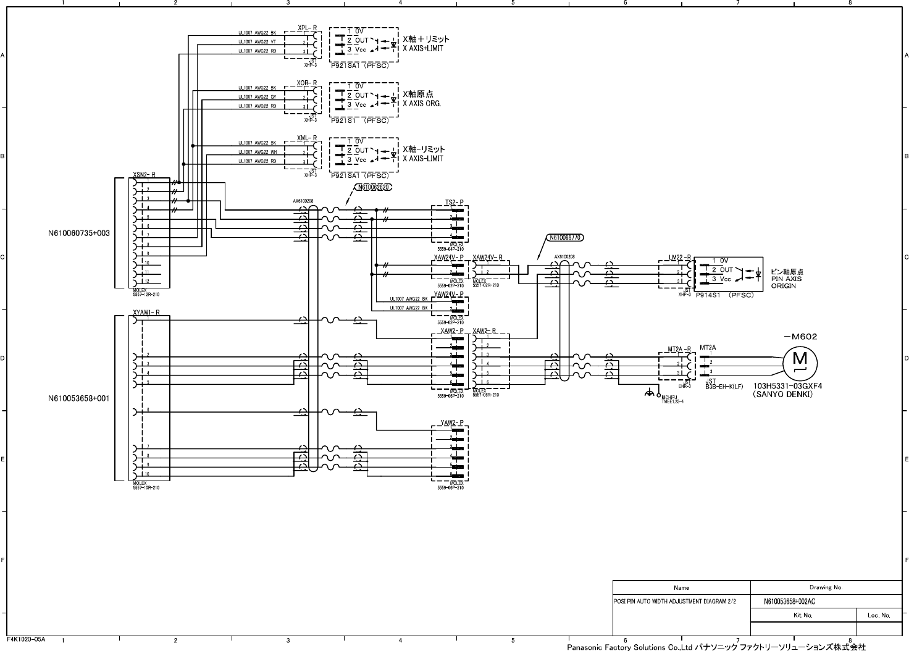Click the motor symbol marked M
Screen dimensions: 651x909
point(800,359)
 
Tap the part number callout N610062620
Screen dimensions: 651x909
point(374,188)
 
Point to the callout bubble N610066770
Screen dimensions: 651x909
point(566,237)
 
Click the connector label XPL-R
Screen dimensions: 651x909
point(307,28)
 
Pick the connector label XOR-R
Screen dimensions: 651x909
point(307,83)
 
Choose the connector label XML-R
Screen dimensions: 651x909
point(307,138)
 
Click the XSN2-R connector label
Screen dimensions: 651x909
point(145,175)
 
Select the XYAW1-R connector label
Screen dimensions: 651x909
point(146,313)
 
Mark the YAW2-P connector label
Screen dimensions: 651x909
point(452,422)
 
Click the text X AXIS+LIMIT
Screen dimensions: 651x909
point(423,48)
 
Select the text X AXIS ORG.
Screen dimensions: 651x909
point(422,103)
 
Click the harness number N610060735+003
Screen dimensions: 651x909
point(79,233)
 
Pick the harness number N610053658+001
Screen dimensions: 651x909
point(79,398)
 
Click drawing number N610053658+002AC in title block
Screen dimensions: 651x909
point(790,602)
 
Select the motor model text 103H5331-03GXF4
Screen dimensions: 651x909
point(788,386)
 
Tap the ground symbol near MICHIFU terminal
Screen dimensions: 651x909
point(648,393)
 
